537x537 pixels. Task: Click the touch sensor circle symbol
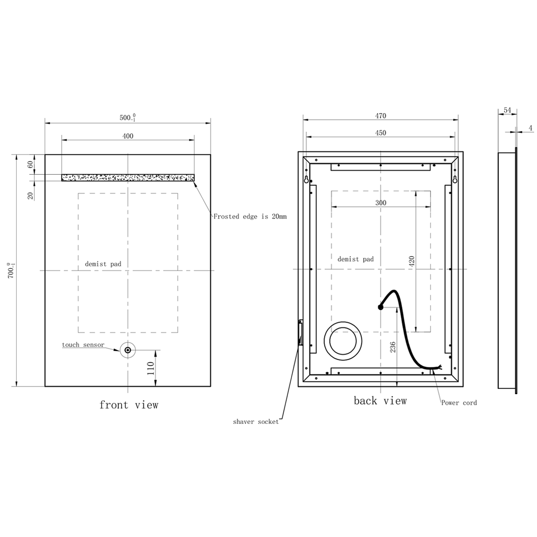[128, 350]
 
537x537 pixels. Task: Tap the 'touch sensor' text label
[83, 345]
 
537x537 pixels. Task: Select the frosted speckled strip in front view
[128, 178]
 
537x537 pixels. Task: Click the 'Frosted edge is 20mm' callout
[250, 217]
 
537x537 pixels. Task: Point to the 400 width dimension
[128, 136]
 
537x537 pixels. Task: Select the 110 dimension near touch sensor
[150, 368]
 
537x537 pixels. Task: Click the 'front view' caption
[129, 405]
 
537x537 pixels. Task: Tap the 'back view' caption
[380, 401]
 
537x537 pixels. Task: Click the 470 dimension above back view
[381, 116]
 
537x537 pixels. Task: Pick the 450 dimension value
[381, 133]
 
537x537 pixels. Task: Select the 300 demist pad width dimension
[381, 203]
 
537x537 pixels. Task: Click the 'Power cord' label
[459, 403]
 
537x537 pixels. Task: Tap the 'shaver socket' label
[256, 422]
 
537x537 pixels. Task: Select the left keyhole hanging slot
[306, 179]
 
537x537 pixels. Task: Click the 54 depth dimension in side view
[507, 110]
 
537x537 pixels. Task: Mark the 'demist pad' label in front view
[103, 264]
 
